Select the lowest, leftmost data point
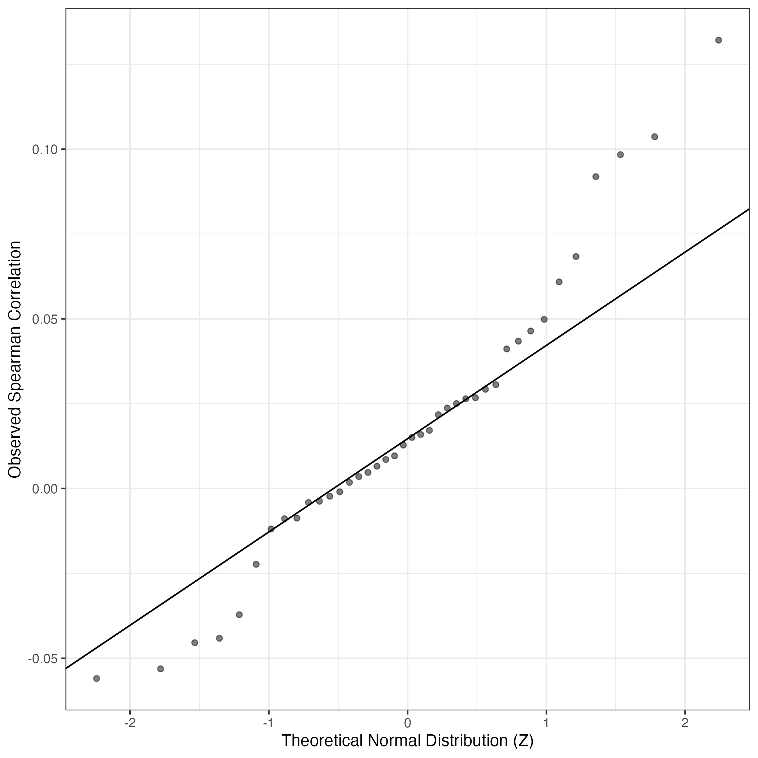(x=96, y=678)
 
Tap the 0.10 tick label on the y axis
(x=44, y=150)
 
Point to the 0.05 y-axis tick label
(x=44, y=319)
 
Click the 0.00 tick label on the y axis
(x=44, y=489)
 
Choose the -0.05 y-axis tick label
(x=42, y=658)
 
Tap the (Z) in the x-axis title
(x=523, y=740)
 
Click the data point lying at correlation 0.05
(x=544, y=319)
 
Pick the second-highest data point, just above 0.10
(x=654, y=137)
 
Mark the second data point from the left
(x=160, y=668)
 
